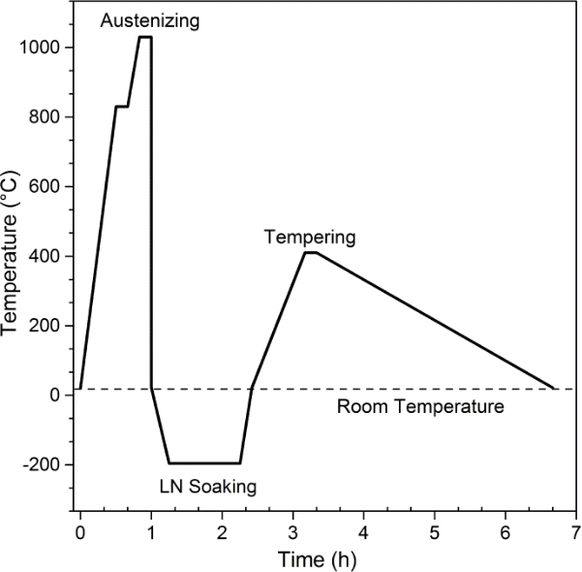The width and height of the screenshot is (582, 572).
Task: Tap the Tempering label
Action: pos(310,236)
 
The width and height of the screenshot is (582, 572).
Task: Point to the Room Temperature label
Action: pos(420,406)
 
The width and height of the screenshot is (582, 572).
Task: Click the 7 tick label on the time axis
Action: pos(575,532)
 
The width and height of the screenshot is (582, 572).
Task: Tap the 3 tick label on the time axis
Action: pos(292,532)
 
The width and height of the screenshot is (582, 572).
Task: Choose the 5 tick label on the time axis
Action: pos(434,532)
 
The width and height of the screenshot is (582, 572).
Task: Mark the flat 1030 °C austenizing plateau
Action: pos(145,37)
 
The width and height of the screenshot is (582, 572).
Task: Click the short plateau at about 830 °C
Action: pos(122,107)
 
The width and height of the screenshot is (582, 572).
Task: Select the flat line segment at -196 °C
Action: pos(204,463)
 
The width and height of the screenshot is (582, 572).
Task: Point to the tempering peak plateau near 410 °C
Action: pos(310,253)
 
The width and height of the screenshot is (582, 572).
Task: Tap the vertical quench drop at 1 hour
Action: pos(151,213)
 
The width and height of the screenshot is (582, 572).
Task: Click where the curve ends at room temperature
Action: pos(554,389)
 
